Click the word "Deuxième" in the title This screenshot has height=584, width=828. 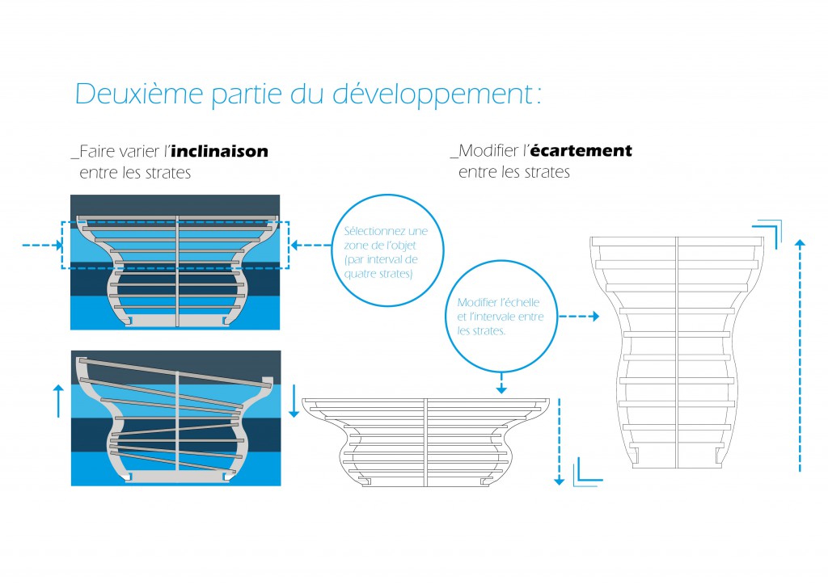(139, 94)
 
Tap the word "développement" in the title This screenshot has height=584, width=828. (433, 95)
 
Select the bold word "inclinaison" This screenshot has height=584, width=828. (220, 151)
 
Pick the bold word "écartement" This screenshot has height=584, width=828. (581, 150)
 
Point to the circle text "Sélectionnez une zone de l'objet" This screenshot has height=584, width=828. (386, 238)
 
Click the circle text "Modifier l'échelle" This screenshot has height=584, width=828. (498, 302)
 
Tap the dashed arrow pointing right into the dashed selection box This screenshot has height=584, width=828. (42, 245)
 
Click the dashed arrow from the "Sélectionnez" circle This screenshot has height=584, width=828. (311, 245)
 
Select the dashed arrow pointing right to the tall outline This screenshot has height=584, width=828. (579, 316)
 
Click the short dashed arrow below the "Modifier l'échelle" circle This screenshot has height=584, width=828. (501, 383)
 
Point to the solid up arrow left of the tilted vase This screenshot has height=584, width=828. (58, 401)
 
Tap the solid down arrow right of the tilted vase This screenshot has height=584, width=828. (294, 401)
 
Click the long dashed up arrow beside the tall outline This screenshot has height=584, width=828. (800, 355)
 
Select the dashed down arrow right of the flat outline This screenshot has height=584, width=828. (560, 442)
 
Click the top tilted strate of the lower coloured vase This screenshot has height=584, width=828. (175, 372)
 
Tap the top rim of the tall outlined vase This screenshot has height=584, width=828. (677, 242)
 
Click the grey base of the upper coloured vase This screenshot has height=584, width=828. (176, 321)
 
